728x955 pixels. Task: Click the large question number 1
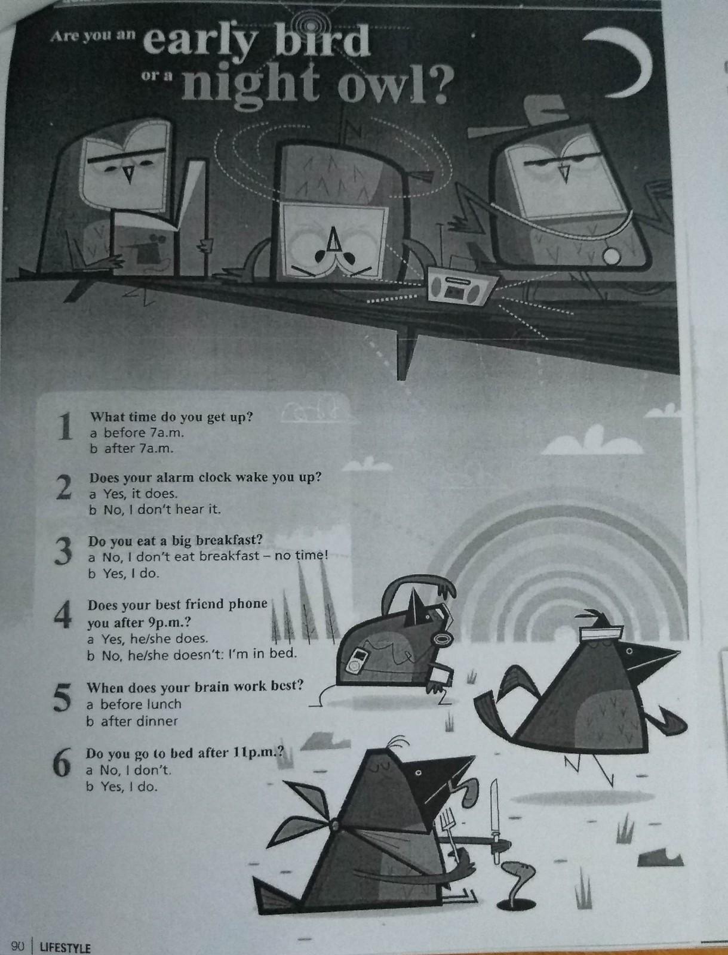(65, 427)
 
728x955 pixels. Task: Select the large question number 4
(63, 615)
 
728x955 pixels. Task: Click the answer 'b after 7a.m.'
(131, 449)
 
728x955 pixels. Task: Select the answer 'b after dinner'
(132, 722)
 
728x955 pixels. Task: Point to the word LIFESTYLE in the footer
(65, 948)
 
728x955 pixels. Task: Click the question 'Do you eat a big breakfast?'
(176, 540)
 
